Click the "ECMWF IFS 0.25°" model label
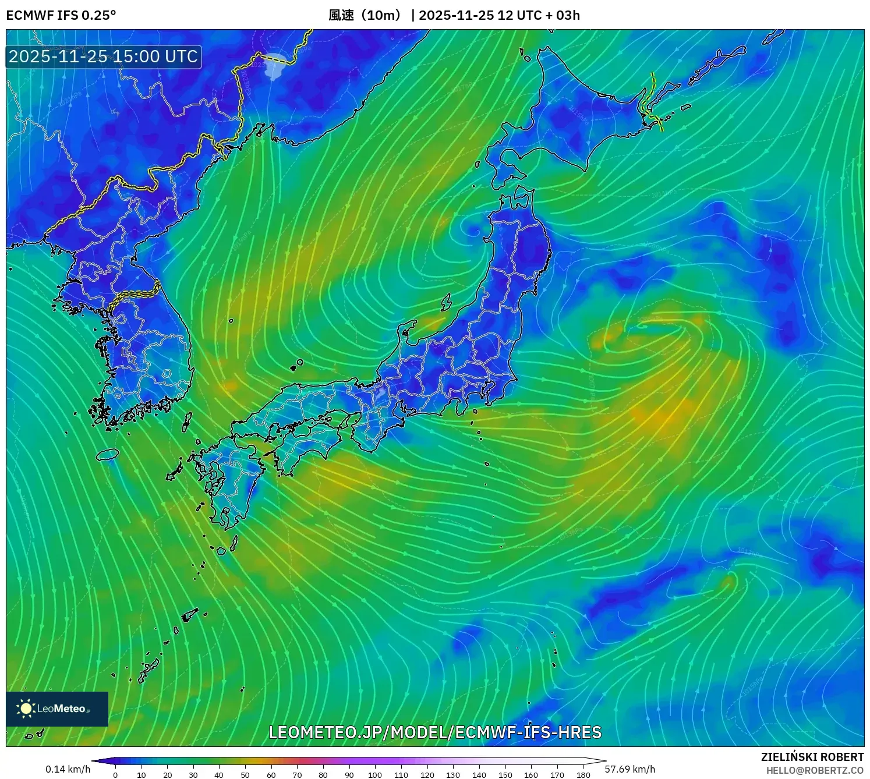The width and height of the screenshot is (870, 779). tap(61, 15)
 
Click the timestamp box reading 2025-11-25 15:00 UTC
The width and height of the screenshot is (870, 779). tap(104, 56)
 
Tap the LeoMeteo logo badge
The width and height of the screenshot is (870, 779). tap(57, 709)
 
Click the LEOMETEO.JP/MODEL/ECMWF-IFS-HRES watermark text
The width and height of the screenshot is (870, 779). tap(435, 732)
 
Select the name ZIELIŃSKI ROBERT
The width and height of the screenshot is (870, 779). tap(812, 757)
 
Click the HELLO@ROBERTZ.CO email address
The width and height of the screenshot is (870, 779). tap(815, 770)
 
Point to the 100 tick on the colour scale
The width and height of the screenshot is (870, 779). tap(375, 774)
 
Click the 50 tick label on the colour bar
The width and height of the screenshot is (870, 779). tap(245, 774)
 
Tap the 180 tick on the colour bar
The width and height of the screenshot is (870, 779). tap(583, 774)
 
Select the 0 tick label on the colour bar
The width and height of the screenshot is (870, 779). tap(115, 774)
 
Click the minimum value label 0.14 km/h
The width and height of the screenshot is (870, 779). tap(68, 769)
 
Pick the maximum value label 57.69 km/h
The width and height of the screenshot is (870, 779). tap(629, 769)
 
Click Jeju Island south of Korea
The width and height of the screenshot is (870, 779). tap(108, 454)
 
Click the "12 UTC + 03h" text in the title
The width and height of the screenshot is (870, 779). tap(539, 15)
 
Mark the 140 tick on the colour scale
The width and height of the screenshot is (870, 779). tap(479, 774)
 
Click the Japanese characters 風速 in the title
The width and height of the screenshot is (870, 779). tap(341, 15)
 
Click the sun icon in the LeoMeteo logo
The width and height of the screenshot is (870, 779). tap(26, 709)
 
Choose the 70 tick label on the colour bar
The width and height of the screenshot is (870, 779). tap(297, 774)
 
